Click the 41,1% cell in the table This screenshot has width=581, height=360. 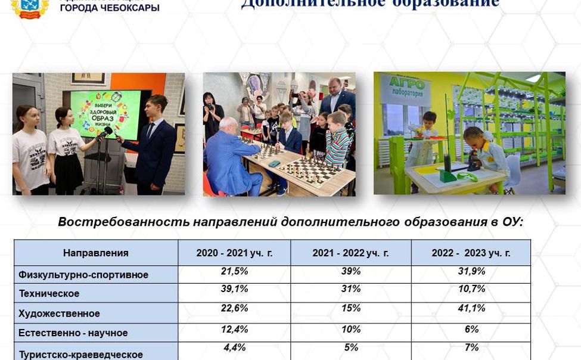[x=471, y=309]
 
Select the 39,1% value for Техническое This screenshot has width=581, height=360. [x=234, y=289]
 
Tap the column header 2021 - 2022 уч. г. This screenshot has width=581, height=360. [x=350, y=253]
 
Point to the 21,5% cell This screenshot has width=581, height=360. [x=234, y=272]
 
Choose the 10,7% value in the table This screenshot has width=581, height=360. [x=471, y=289]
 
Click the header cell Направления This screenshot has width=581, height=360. [x=95, y=253]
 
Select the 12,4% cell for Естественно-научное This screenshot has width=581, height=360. [x=234, y=330]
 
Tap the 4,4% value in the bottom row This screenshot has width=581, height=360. [x=234, y=347]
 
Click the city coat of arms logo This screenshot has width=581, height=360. [x=29, y=8]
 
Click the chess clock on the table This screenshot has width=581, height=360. [x=274, y=163]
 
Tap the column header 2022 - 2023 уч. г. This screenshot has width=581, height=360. [x=471, y=253]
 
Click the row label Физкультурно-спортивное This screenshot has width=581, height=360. [x=83, y=275]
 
